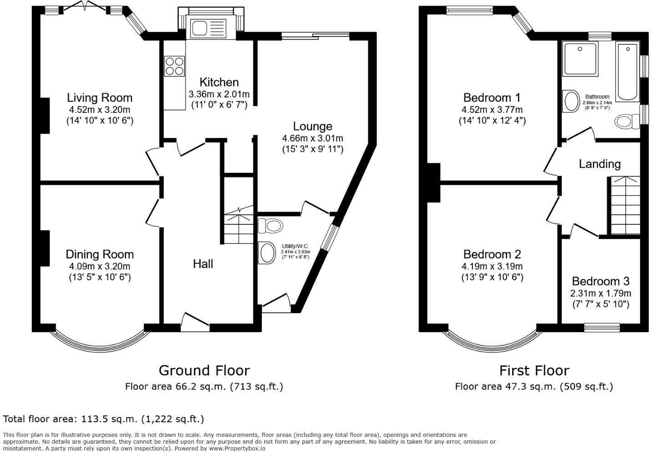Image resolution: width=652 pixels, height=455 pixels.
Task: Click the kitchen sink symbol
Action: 209,28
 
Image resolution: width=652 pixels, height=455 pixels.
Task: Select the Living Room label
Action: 100,97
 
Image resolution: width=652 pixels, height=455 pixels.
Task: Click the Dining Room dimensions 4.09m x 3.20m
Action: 100,267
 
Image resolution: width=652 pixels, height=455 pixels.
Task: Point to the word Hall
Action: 203,264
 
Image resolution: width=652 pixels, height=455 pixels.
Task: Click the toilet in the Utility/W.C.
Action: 270,225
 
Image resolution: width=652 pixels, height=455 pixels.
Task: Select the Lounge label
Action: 312,126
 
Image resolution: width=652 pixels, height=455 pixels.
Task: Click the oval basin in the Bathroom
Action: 570,101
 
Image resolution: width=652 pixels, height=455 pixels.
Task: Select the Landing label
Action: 600,164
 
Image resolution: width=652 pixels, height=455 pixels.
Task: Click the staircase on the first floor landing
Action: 624,206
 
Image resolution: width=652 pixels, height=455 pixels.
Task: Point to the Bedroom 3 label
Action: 601,281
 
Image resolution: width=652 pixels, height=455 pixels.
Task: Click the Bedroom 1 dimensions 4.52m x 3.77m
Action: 492,110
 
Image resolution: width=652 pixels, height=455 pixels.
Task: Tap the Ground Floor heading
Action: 204,370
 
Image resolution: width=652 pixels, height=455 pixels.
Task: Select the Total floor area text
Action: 104,419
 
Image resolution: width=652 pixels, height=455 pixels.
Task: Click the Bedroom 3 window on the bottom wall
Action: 602,327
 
